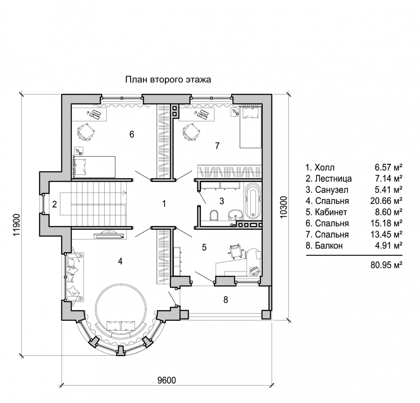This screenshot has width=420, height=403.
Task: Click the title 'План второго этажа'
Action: pos(168,80)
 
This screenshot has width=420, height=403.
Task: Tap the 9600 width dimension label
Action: pos(167,380)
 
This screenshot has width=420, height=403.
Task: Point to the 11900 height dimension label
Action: pos(17,225)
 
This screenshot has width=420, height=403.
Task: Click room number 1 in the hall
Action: pos(164,204)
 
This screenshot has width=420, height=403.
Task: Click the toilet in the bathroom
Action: pos(214,215)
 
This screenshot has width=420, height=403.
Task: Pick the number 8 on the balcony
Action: pos(226,300)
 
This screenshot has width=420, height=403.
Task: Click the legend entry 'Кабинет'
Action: pos(331,212)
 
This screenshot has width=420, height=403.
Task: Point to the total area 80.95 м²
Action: pos(386,265)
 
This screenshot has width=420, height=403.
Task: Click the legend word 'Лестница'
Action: pos(333,179)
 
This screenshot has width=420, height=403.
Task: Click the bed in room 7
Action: pos(250,128)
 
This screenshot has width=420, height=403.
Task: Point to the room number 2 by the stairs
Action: pos(55,204)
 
